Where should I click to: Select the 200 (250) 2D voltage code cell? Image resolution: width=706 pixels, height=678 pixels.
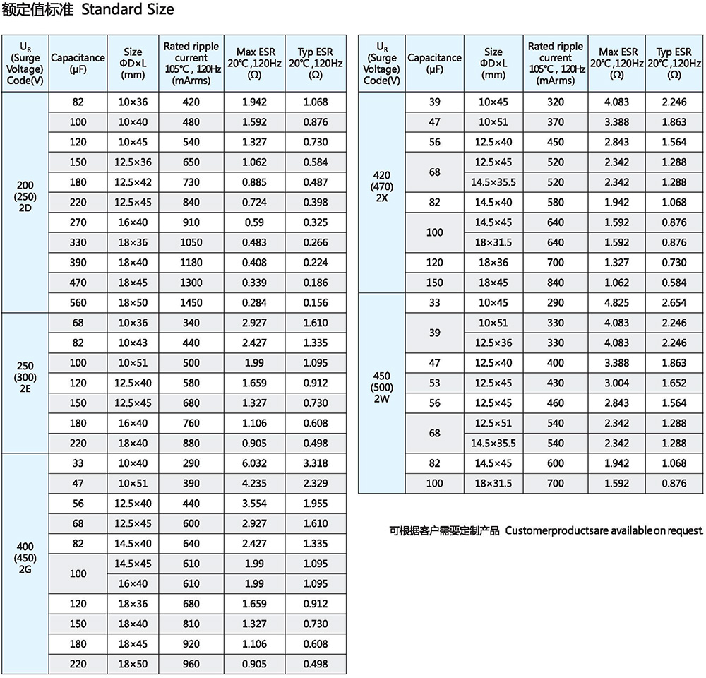click(x=25, y=202)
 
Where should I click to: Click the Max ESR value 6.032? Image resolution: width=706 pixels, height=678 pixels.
click(x=254, y=463)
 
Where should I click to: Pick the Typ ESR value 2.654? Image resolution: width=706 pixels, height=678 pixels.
click(x=674, y=303)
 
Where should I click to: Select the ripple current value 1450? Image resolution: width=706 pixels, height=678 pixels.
click(x=191, y=303)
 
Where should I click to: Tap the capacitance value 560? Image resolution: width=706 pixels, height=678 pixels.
click(x=78, y=303)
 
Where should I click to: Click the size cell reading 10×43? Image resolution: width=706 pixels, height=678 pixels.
click(x=133, y=343)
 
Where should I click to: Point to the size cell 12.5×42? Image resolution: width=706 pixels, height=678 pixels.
click(x=133, y=182)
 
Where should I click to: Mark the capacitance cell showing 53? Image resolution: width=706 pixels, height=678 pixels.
click(x=434, y=383)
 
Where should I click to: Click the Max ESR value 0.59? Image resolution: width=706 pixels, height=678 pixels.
click(x=254, y=222)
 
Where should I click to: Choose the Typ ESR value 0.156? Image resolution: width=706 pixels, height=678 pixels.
click(x=316, y=303)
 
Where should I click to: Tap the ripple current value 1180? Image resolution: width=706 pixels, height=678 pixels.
click(x=191, y=263)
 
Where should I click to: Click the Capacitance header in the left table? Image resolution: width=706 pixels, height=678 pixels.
click(x=78, y=63)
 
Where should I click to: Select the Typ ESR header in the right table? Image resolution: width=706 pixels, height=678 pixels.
click(x=674, y=63)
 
